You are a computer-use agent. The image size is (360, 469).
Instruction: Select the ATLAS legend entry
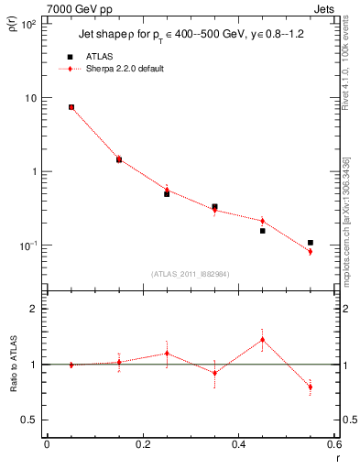[100, 57]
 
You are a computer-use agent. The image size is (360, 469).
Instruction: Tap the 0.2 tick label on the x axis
[142, 446]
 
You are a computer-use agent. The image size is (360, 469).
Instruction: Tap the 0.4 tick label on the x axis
[238, 446]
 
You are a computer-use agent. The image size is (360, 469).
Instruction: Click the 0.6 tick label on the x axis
[333, 446]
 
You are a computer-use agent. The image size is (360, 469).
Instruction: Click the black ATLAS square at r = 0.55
[311, 243]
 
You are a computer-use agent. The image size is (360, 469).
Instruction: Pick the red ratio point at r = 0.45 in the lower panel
[262, 340]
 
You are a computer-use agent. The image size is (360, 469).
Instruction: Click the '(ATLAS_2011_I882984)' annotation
[190, 273]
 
